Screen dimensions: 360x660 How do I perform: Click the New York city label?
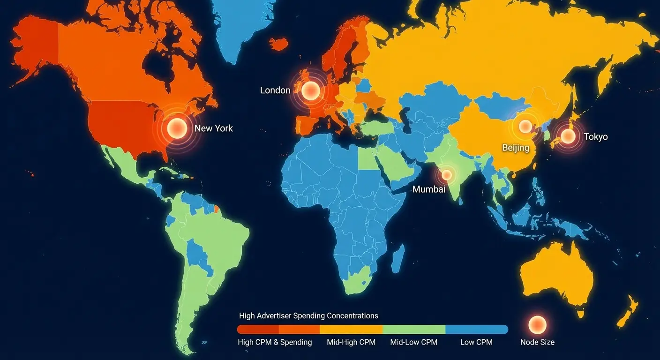213,128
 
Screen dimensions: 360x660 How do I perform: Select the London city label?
275,90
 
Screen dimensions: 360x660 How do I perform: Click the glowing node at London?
310,90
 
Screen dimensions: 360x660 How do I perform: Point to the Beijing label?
516,148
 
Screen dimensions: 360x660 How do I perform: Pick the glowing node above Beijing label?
525,126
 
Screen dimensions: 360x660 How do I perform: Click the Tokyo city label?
595,136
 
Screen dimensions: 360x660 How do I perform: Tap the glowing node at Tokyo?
568,136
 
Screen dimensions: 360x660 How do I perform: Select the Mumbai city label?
428,189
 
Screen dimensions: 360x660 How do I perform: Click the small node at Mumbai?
447,175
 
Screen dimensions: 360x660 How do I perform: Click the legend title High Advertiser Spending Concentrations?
308,315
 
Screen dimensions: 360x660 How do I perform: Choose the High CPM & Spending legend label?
275,342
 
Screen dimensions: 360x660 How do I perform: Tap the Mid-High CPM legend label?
351,342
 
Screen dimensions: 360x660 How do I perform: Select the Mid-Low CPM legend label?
413,342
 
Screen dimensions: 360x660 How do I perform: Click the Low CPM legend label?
476,342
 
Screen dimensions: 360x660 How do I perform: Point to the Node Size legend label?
537,342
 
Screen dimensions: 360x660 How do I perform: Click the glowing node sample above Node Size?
537,324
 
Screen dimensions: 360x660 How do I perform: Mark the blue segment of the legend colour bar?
476,329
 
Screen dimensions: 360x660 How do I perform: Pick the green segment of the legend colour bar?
413,329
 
